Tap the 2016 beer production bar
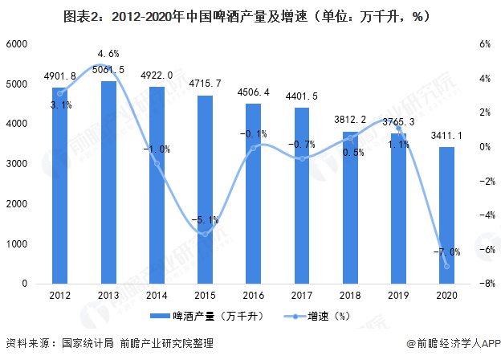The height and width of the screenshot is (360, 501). click(x=253, y=194)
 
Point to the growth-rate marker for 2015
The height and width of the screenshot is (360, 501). click(x=205, y=234)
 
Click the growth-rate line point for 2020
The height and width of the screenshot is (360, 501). click(x=446, y=267)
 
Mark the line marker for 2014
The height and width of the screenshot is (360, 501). click(x=157, y=164)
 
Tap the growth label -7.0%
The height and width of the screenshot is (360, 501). click(x=446, y=252)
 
